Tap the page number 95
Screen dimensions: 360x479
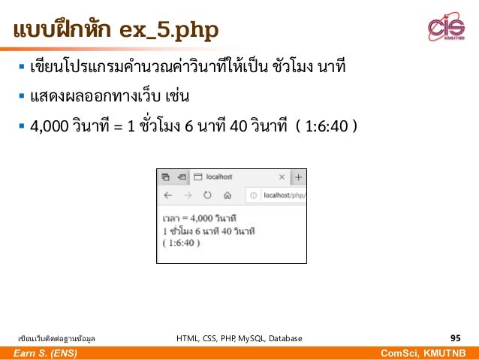[455, 338]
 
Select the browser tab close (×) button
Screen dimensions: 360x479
[282, 177]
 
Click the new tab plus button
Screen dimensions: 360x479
[298, 177]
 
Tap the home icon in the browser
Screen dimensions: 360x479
[227, 196]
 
